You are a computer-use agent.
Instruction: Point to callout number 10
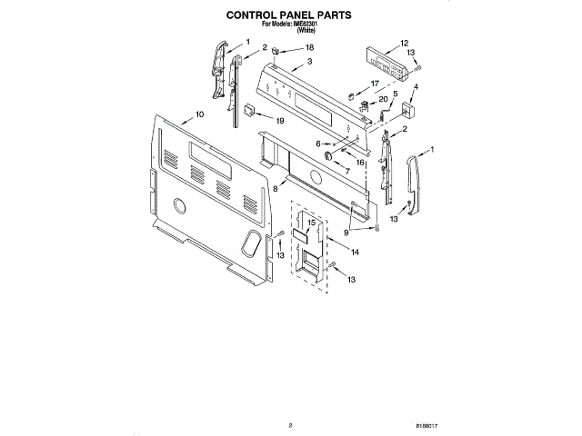tap(198, 115)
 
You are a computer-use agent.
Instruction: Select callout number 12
tap(404, 44)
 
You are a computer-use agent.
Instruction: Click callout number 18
tap(309, 47)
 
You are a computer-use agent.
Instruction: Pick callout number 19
tap(280, 121)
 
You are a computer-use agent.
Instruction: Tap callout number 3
tap(309, 62)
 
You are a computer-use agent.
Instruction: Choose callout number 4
tap(416, 87)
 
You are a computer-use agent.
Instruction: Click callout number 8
tap(275, 188)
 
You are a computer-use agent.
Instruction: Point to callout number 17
tap(374, 84)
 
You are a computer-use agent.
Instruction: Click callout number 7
tap(346, 171)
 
